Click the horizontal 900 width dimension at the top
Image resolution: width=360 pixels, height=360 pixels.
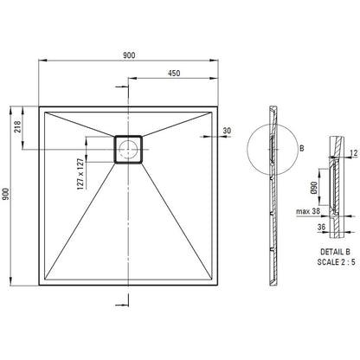coord(129,55)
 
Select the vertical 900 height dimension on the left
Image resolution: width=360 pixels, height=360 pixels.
coord(6,194)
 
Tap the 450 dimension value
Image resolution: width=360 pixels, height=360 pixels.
coord(174,74)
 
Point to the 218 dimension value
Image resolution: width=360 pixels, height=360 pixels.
coord(17,126)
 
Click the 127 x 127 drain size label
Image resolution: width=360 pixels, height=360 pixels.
coord(80,174)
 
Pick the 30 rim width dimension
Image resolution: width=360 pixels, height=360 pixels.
coord(227,131)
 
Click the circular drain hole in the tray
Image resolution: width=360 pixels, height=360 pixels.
coord(128,149)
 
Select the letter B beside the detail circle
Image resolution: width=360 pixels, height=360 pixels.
coord(302,149)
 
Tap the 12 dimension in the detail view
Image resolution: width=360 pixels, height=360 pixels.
coord(354,153)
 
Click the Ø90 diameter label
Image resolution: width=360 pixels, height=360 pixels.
coord(314,188)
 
